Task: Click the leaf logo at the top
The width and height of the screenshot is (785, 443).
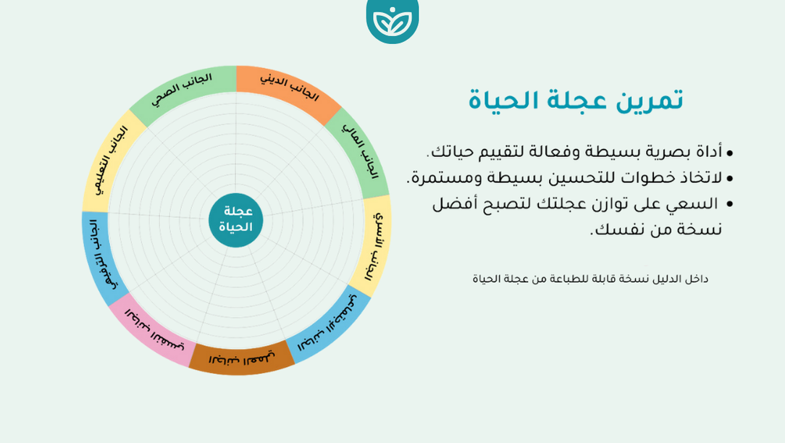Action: pos(392,20)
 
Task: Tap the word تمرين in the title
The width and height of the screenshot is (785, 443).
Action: pos(648,101)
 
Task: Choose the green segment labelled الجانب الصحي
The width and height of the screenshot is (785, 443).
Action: pos(183,90)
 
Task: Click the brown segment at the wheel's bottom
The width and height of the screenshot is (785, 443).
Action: pos(242,358)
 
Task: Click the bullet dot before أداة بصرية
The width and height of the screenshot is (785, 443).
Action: pos(729,153)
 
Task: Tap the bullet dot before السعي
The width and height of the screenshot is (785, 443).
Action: pos(729,205)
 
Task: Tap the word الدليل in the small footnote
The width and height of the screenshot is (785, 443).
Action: pos(669,279)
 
